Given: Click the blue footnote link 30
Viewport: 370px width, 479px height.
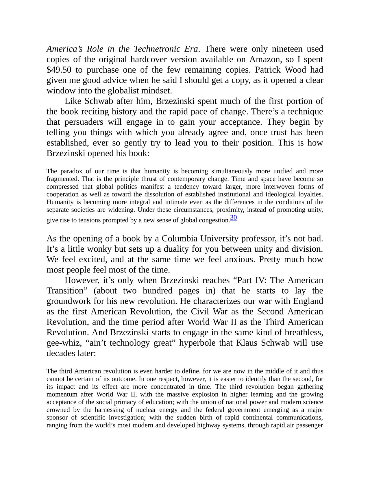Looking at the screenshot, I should point(234,218).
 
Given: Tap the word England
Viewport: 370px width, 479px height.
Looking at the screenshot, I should point(308,301).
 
